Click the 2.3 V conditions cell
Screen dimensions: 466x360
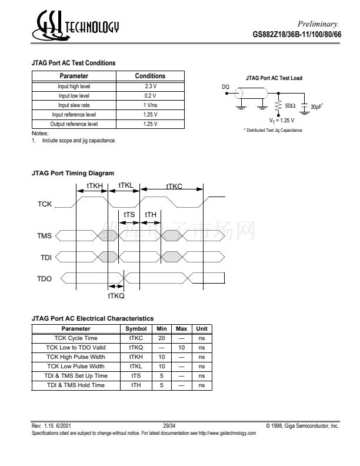150,86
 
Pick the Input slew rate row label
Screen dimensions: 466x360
74,105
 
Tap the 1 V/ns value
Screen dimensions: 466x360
150,105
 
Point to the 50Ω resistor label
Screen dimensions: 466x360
290,106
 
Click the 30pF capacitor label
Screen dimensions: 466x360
317,106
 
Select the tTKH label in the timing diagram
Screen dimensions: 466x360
95,185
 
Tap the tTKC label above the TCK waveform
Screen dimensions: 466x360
174,186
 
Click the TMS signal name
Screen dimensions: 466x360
45,236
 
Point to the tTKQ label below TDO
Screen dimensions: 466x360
116,296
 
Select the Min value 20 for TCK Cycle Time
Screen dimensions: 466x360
161,338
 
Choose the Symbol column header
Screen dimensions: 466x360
136,329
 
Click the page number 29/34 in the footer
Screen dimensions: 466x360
169,424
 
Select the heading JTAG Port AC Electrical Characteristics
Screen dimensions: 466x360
92,318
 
